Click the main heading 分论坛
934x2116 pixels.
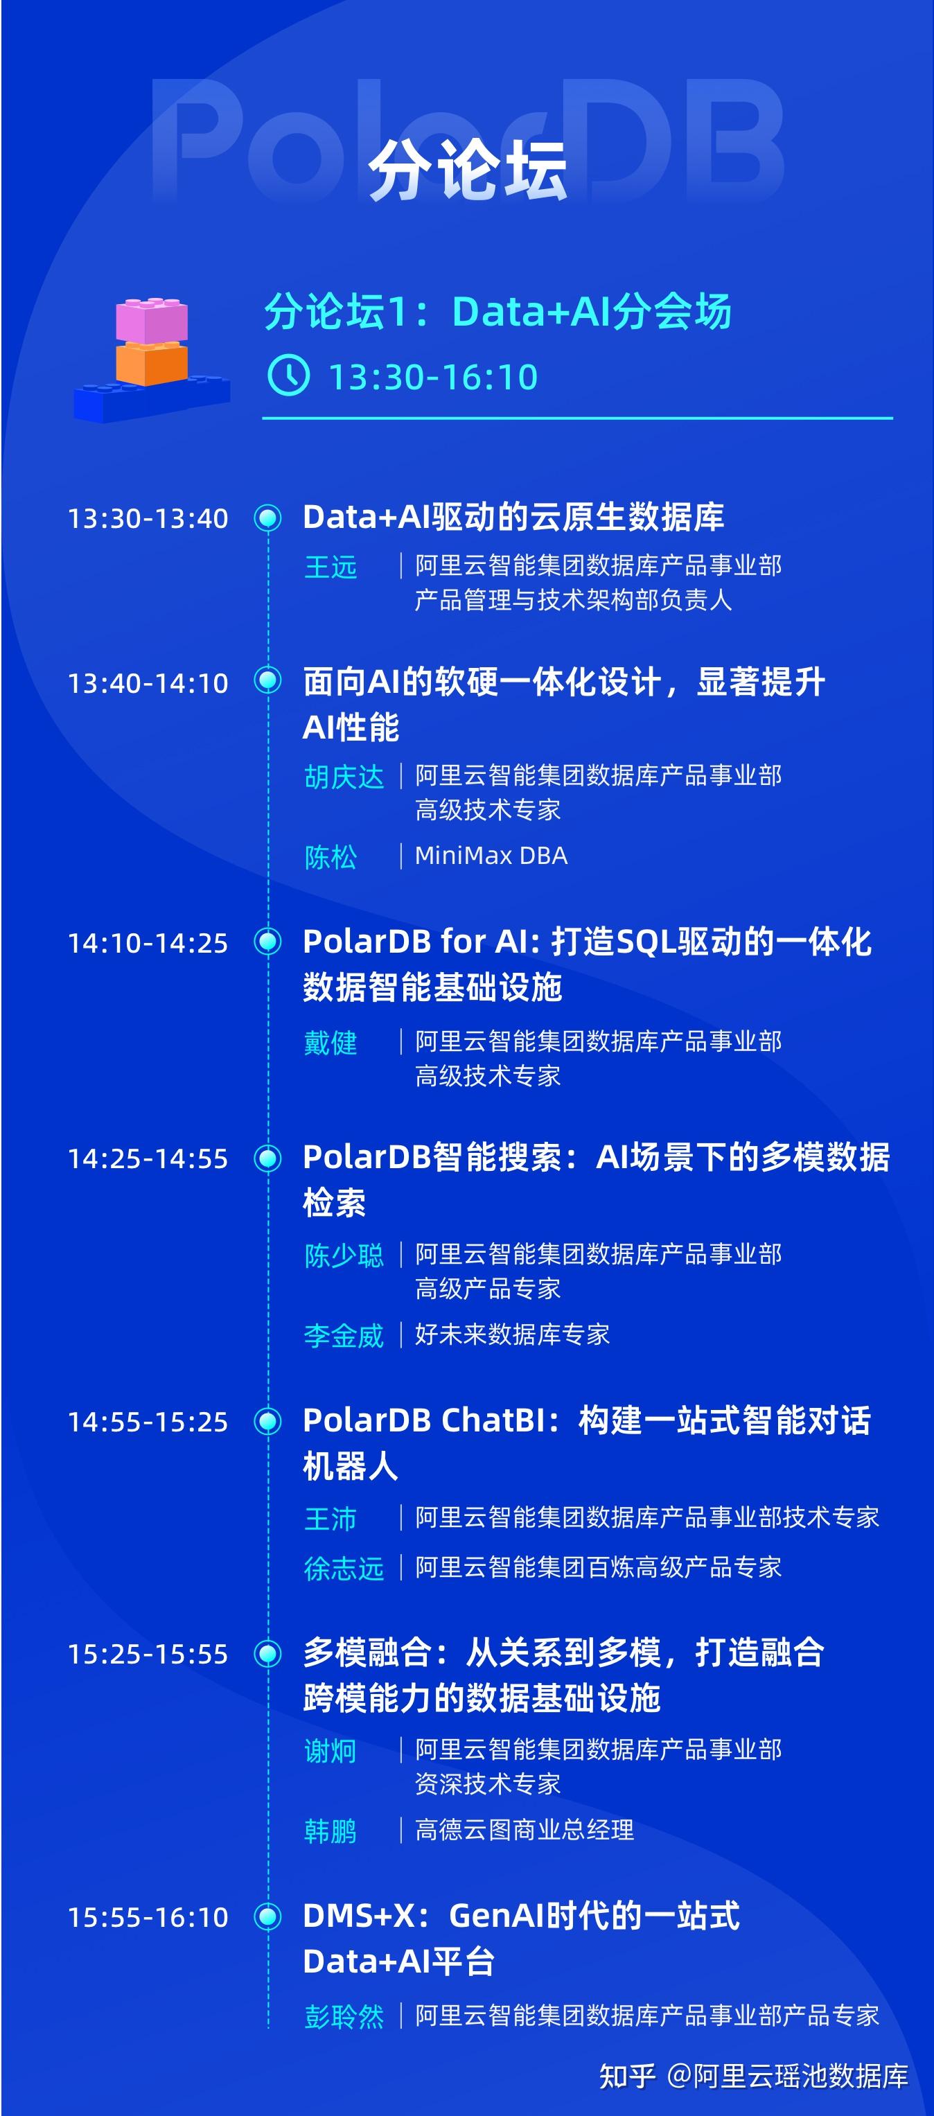(x=466, y=170)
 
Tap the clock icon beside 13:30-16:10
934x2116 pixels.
(x=288, y=376)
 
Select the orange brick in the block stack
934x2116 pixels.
(x=152, y=363)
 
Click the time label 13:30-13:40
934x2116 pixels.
(x=148, y=519)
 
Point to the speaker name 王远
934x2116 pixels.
(x=331, y=567)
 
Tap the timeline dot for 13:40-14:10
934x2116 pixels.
(x=267, y=681)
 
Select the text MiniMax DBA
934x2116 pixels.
(x=491, y=856)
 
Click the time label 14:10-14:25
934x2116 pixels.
(x=148, y=943)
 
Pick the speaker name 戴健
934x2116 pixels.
(x=331, y=1043)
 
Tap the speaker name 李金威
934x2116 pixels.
(x=344, y=1336)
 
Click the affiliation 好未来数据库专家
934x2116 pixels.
(x=512, y=1335)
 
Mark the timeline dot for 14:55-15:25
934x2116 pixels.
(x=267, y=1420)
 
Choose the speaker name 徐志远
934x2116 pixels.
(x=344, y=1569)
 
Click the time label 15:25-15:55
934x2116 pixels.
(x=148, y=1655)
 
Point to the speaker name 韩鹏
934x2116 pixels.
(x=331, y=1831)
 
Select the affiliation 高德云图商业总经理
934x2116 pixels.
(x=524, y=1830)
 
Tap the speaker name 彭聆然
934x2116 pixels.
(x=344, y=2017)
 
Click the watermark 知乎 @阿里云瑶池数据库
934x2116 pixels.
(x=753, y=2077)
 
